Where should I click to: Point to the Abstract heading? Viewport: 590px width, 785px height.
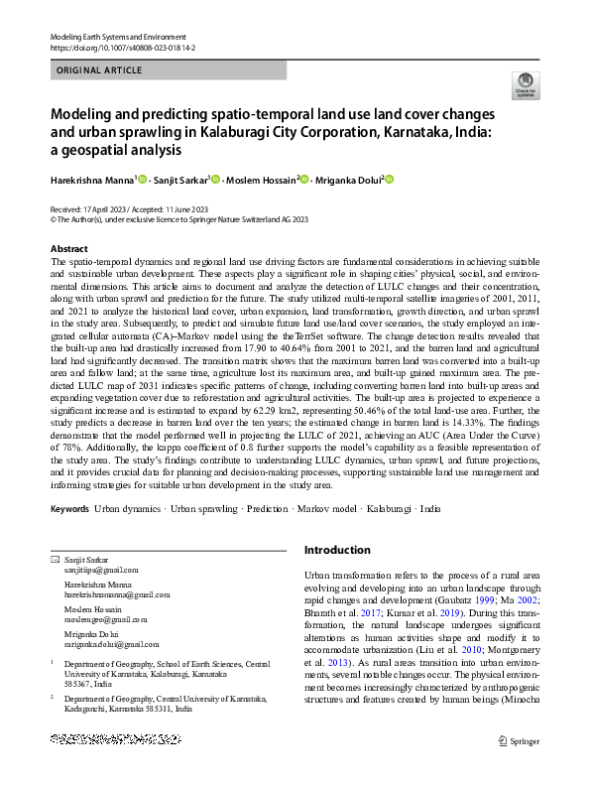(x=68, y=248)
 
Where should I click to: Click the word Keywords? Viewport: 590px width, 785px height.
(x=68, y=508)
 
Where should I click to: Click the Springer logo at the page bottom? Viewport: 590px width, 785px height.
(x=518, y=766)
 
